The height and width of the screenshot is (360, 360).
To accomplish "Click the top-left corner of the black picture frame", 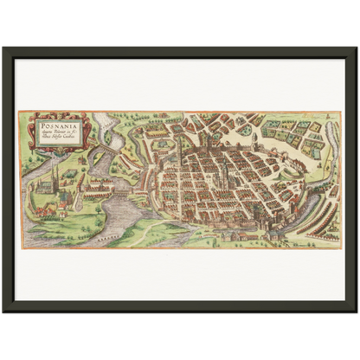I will [x=4, y=48].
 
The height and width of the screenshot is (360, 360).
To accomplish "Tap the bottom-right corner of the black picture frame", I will [x=355, y=311].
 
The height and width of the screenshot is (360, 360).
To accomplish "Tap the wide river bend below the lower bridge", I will [x=112, y=212].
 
